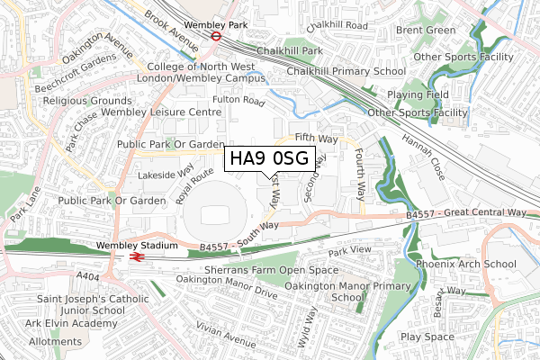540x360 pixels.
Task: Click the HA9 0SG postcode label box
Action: (x=269, y=159)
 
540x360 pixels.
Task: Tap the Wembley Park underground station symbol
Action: (x=217, y=36)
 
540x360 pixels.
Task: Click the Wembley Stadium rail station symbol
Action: (x=137, y=256)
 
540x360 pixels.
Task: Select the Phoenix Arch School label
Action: (x=465, y=264)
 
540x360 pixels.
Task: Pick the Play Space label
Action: (x=428, y=337)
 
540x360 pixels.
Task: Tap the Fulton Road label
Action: (x=238, y=101)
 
